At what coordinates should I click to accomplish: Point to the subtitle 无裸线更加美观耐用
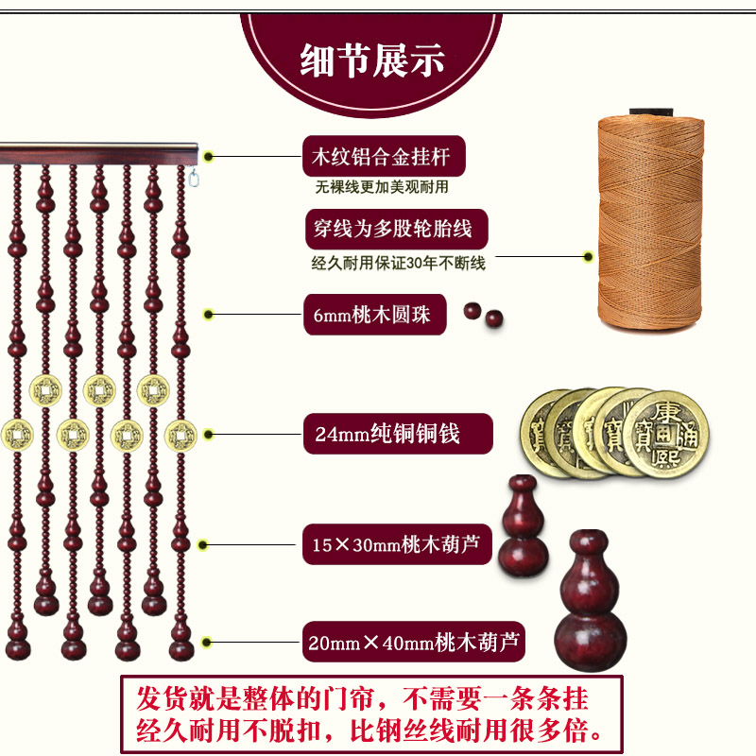tap(382, 187)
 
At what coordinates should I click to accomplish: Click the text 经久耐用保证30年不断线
tap(398, 265)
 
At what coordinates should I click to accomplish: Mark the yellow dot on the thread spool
tap(588, 256)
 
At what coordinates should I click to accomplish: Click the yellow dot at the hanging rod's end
tap(209, 157)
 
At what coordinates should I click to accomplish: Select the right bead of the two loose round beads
tap(491, 321)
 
